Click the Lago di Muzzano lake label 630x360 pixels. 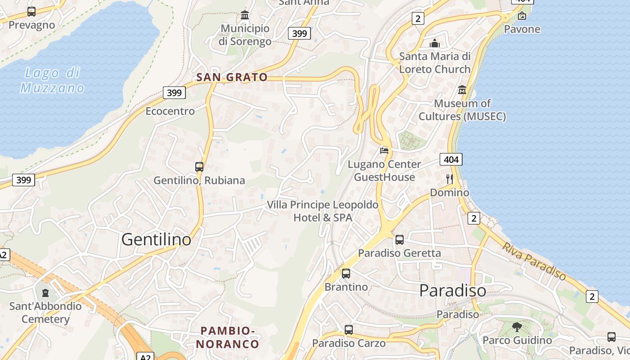[52, 80]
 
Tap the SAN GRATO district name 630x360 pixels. [232, 77]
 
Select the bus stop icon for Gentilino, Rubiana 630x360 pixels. [199, 167]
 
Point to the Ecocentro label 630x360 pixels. [170, 111]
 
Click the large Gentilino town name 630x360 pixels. [156, 240]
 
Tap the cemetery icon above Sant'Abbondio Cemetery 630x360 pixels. [45, 293]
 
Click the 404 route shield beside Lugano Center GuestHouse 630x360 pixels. [451, 159]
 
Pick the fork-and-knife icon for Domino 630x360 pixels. [449, 179]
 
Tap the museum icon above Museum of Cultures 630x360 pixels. [462, 90]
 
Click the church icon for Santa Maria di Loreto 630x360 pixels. [435, 43]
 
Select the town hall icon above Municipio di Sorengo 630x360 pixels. [245, 15]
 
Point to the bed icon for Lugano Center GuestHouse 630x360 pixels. [384, 150]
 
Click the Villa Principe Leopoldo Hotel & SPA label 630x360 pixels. [323, 211]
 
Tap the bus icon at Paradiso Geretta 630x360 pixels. [400, 240]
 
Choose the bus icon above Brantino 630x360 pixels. [346, 274]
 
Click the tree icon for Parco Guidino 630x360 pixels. [517, 327]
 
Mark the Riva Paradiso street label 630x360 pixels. [534, 261]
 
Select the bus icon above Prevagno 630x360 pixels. [31, 12]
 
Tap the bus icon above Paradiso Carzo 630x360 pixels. [349, 330]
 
